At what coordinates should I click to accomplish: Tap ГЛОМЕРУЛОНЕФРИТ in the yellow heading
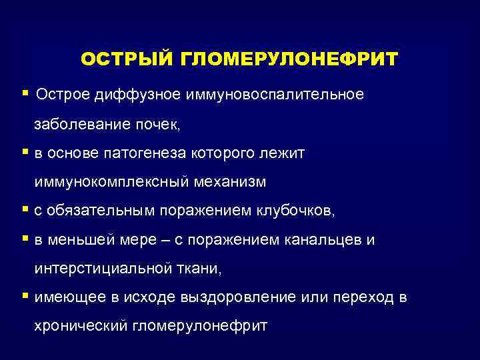[289, 59]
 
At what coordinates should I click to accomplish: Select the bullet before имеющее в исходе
[25, 297]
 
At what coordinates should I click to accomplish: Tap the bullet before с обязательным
[25, 210]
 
